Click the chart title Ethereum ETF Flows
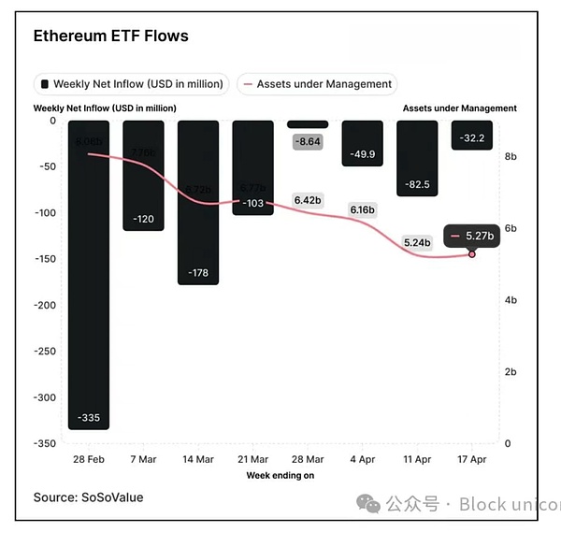coord(110,36)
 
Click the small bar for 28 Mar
coord(308,123)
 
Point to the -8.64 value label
coord(308,142)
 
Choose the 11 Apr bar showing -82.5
coord(417,158)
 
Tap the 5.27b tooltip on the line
coord(471,237)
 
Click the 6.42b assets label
coord(308,200)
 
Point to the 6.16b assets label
coord(362,209)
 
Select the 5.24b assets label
coord(417,242)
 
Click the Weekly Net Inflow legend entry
coord(131,84)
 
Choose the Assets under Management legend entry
coord(317,84)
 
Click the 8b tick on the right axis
coord(511,157)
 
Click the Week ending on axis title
coord(280,475)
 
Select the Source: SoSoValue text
coord(88,497)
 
